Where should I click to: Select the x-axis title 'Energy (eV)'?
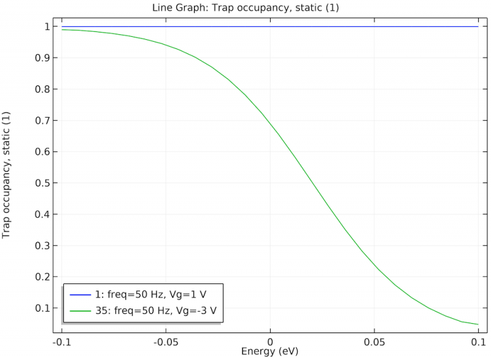pos(270,351)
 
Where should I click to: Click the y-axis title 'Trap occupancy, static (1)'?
pos(7,175)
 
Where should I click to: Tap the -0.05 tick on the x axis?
pos(165,341)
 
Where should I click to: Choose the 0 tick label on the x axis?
pos(270,341)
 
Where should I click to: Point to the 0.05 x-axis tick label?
pos(374,341)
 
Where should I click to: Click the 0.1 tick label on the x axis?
pos(478,341)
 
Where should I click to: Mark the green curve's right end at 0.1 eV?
pos(477,324)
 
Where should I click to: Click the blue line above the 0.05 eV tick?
pos(374,26)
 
